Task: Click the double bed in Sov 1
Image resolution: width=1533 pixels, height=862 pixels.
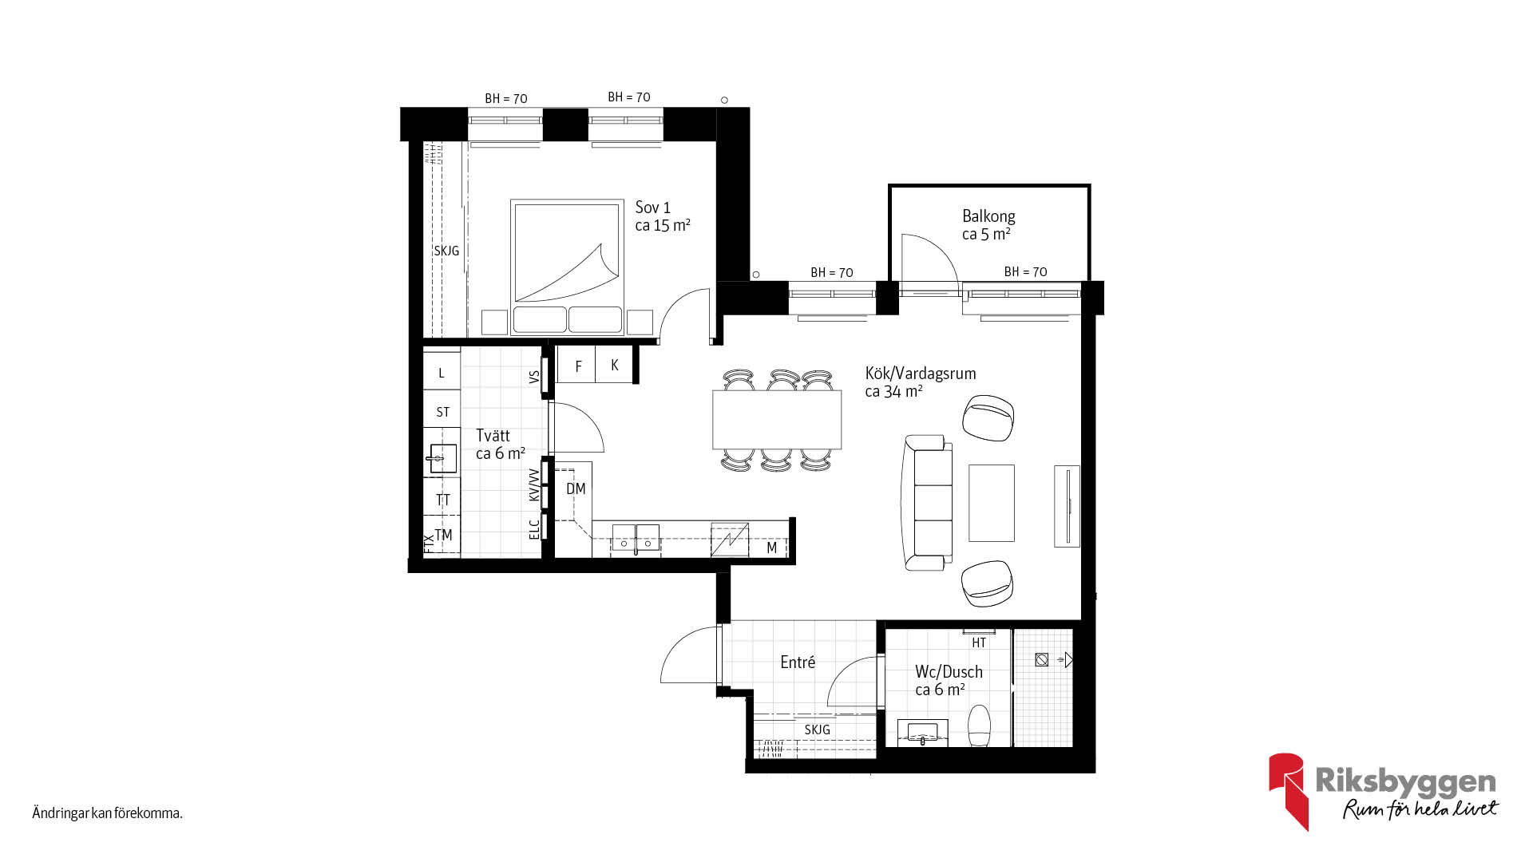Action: click(567, 267)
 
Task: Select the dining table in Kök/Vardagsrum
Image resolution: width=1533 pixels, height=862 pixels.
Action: click(777, 419)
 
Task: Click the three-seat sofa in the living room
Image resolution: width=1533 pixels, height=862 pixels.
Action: click(927, 502)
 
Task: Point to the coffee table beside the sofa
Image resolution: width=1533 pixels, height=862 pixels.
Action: click(992, 503)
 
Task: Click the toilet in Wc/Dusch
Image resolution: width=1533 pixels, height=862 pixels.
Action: click(979, 726)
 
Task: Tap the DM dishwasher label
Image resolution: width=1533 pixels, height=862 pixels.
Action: click(576, 488)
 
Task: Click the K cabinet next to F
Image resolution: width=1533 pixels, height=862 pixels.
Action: click(614, 365)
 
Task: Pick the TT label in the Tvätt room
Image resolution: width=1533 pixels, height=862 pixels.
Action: click(442, 500)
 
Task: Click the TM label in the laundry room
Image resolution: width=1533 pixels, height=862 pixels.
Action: click(443, 535)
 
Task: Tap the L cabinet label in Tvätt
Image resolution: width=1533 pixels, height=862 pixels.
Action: click(441, 373)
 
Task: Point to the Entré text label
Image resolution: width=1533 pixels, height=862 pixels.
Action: click(798, 662)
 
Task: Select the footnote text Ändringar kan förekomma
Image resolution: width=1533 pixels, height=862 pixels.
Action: click(108, 813)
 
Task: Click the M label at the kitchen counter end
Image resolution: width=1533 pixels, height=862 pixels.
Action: click(772, 548)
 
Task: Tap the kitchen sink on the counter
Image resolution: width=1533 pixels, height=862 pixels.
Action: click(636, 539)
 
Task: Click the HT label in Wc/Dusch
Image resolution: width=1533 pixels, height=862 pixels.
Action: click(979, 643)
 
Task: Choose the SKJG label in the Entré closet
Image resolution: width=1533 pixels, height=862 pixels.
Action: click(817, 730)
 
